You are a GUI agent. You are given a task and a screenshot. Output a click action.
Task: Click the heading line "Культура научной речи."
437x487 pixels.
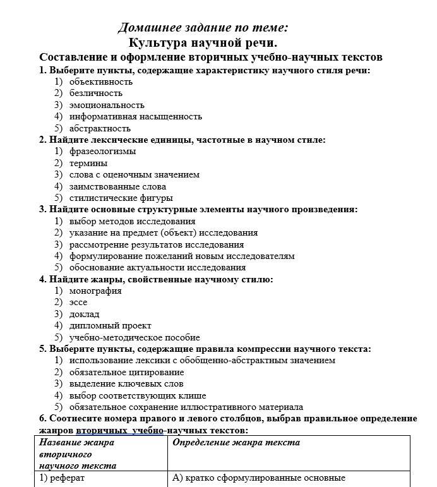coord(203,43)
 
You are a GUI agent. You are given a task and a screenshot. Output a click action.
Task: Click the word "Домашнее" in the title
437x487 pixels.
coord(144,28)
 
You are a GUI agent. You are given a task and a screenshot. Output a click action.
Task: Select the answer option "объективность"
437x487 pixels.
coord(101,81)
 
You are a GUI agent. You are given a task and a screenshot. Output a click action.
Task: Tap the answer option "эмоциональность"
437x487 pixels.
coord(107,105)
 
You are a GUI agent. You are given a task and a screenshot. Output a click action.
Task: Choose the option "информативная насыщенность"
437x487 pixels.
coord(135,116)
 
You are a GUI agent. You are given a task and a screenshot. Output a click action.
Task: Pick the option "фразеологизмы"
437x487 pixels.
coord(102,151)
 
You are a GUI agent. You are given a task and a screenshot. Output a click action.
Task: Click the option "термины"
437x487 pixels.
coord(88,163)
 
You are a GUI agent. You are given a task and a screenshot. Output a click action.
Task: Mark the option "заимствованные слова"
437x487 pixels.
coord(117,186)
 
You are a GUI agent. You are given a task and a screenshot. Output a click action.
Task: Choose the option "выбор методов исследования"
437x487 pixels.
coord(132,221)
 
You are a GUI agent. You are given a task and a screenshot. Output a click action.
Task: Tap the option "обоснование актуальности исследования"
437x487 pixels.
coord(157,267)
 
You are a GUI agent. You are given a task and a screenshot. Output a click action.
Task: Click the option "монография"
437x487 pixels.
coord(95,291)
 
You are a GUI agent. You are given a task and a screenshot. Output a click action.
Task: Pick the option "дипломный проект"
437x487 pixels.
coord(110,326)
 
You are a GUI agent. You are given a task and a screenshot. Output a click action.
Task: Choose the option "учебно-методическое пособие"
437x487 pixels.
coord(135,337)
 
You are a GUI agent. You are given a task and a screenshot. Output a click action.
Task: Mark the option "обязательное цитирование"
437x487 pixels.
coord(123,372)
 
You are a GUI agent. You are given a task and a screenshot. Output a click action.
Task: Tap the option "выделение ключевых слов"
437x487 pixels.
coord(126,383)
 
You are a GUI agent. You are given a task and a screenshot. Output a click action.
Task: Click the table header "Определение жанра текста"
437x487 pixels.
coord(236,443)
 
